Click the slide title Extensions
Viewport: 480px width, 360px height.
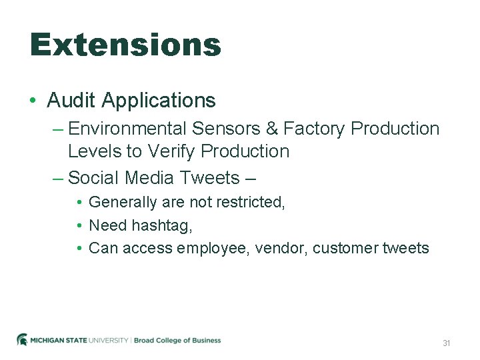(125, 45)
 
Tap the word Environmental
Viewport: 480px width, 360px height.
(127, 128)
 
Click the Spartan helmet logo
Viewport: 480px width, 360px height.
(22, 340)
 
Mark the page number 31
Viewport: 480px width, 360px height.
(447, 343)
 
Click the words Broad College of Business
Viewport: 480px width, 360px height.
(177, 341)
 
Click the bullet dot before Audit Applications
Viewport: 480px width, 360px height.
(33, 101)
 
